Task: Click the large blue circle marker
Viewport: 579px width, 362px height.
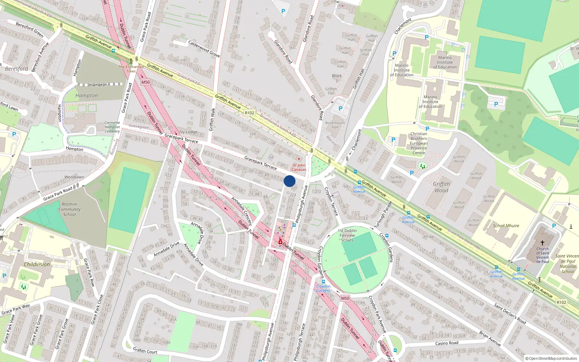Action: [x=289, y=181]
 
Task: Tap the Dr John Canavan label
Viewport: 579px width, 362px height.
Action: [x=299, y=167]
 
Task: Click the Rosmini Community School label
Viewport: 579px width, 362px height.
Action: [x=69, y=209]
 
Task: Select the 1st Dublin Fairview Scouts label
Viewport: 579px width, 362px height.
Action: [x=347, y=235]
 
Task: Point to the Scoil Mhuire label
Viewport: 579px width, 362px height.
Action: [x=506, y=226]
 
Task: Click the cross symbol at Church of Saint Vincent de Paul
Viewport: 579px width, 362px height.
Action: [x=542, y=243]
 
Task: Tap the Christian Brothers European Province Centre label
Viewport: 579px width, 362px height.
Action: [x=419, y=143]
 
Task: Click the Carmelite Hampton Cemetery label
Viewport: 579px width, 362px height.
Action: [x=112, y=127]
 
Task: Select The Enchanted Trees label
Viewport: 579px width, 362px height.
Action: [x=131, y=69]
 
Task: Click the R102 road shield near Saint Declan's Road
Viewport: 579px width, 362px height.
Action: [x=561, y=302]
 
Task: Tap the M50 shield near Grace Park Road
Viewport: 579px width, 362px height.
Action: [x=145, y=82]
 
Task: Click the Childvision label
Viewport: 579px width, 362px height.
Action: [x=37, y=264]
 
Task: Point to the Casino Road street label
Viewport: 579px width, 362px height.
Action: [x=447, y=343]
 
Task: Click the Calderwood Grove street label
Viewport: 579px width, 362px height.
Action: [x=204, y=49]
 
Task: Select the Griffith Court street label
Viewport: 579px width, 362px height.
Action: [x=145, y=351]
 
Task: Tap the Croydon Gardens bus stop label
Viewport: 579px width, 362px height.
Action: [x=323, y=289]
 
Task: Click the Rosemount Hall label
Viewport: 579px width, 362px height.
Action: [x=335, y=125]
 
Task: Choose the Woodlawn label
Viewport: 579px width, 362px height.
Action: [x=74, y=177]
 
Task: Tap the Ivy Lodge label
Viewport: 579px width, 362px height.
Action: [x=188, y=132]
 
